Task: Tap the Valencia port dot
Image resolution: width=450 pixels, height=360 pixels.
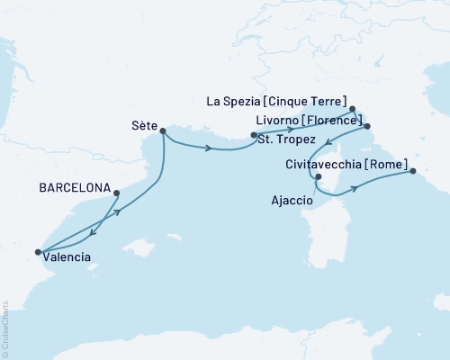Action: pos(38,253)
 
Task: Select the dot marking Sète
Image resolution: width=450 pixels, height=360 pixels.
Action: pos(163,130)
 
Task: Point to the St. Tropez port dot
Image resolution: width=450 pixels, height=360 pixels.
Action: pos(254,136)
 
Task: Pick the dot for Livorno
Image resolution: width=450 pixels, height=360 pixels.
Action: pos(366,127)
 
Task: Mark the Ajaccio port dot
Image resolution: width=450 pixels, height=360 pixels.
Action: pos(319,176)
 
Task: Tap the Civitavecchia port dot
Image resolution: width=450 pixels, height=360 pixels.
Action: pos(412,171)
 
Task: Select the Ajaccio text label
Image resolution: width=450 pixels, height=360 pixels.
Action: pos(292,202)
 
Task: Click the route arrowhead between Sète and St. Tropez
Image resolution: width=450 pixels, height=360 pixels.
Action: pos(210,148)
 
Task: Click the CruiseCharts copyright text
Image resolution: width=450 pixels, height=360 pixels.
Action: pos(4,324)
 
